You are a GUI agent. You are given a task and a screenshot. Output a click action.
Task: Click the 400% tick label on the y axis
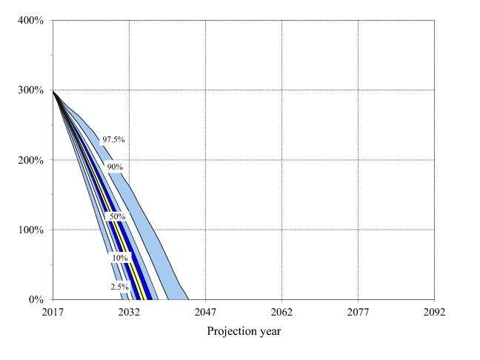click(x=30, y=21)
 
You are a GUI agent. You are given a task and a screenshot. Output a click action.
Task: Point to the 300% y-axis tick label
click(x=30, y=90)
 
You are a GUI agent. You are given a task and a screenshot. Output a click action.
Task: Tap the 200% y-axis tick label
click(x=30, y=161)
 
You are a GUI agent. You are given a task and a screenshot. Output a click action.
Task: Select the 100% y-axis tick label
click(x=30, y=230)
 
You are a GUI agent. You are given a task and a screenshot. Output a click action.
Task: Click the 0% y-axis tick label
click(x=35, y=300)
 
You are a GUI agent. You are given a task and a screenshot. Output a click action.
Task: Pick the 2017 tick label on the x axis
click(x=53, y=313)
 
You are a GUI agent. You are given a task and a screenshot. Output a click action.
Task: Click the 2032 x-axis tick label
click(x=129, y=313)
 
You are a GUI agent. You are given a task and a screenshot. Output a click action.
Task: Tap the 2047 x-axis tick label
click(x=205, y=313)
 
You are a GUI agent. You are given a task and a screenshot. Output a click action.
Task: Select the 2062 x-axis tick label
click(x=281, y=313)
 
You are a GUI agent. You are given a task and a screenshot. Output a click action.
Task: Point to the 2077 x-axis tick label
click(x=358, y=313)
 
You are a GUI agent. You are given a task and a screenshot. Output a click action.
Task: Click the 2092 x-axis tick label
click(x=434, y=313)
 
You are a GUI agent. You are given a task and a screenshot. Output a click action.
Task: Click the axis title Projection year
click(x=244, y=331)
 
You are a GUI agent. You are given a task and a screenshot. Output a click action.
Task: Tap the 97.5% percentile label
click(x=113, y=139)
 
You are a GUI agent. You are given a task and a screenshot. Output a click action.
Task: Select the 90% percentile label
click(x=115, y=167)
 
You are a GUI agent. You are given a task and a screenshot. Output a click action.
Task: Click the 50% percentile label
click(x=117, y=216)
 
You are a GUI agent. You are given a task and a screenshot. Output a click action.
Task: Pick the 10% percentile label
click(x=120, y=258)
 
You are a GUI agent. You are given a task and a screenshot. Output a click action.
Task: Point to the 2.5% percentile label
click(x=120, y=287)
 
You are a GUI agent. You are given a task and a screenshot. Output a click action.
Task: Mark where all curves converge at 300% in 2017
click(x=53, y=90)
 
